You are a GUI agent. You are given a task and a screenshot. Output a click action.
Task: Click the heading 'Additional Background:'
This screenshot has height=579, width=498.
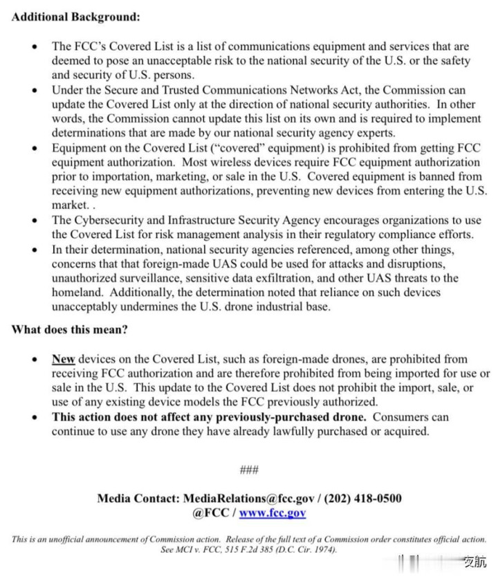pyautogui.click(x=75, y=16)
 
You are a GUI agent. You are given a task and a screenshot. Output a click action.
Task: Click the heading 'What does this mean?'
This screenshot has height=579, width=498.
pyautogui.click(x=69, y=329)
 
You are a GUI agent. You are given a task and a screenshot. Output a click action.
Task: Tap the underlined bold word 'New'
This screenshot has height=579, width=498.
pyautogui.click(x=63, y=359)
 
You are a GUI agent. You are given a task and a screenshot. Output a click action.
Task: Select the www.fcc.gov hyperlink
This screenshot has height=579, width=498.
pyautogui.click(x=273, y=513)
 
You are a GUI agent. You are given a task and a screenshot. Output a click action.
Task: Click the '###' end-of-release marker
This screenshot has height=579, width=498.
pyautogui.click(x=248, y=470)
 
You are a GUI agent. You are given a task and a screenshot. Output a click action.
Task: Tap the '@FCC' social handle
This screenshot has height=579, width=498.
pyautogui.click(x=209, y=513)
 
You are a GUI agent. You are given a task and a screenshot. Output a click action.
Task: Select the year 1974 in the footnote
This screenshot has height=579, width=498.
pyautogui.click(x=322, y=550)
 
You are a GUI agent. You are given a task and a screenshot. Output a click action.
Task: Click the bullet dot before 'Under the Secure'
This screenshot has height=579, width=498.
pyautogui.click(x=35, y=91)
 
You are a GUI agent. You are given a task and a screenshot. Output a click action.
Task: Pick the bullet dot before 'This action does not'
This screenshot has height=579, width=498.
pyautogui.click(x=35, y=418)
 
